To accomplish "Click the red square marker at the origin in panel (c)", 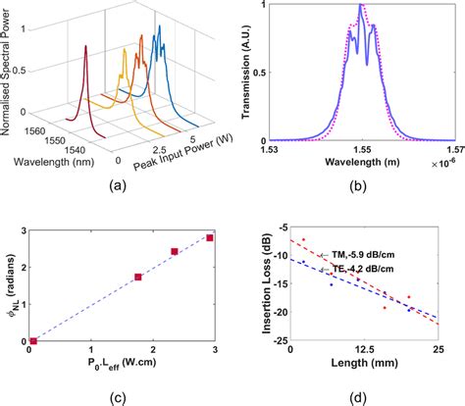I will [x=34, y=341].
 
